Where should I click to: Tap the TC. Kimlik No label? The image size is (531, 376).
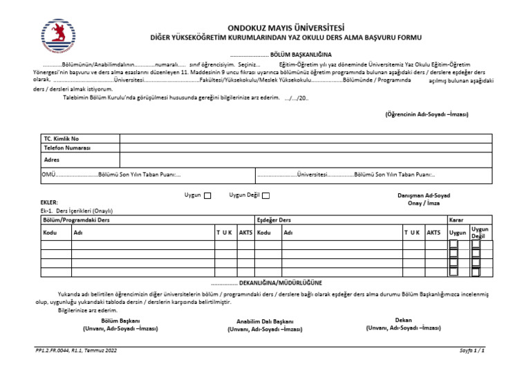click(62, 138)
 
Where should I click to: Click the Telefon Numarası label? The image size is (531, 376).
click(68, 148)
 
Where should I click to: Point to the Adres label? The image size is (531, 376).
click(52, 159)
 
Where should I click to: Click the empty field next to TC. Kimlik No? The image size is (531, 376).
click(304, 138)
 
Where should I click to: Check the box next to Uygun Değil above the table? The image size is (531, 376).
click(266, 196)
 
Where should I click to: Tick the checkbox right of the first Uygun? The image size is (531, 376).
click(207, 196)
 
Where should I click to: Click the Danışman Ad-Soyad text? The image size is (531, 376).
click(424, 196)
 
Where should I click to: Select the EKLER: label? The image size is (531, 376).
click(49, 202)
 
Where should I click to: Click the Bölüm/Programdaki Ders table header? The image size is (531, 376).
click(76, 220)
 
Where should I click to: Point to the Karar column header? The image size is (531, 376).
click(456, 220)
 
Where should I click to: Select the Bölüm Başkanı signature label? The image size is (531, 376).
click(121, 321)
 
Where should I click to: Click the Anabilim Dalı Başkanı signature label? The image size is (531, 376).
click(265, 322)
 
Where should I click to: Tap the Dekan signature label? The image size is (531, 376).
click(403, 320)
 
